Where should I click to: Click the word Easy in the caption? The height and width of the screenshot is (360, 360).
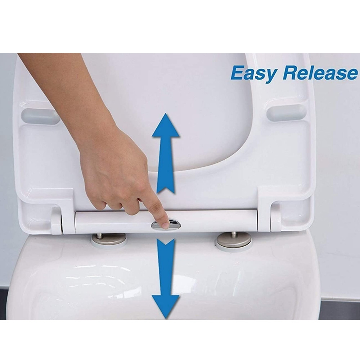(x=254, y=74)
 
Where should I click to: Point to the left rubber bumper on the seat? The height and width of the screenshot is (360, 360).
(x=40, y=116)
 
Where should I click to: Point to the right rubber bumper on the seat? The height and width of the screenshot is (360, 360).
(x=287, y=113)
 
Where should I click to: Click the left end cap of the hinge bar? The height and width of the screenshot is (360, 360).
(x=56, y=221)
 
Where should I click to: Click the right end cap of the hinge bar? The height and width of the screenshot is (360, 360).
(x=275, y=218)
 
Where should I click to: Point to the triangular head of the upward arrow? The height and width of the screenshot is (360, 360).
(x=166, y=126)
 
